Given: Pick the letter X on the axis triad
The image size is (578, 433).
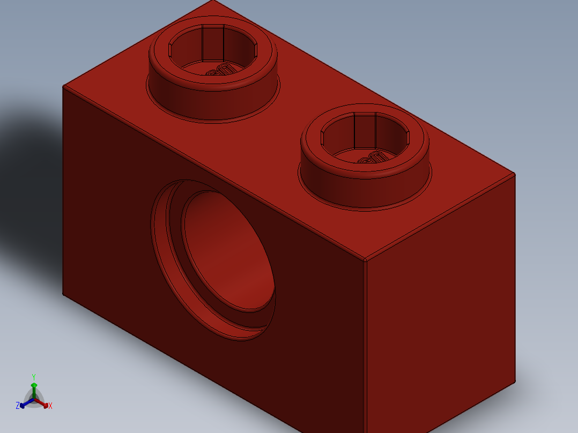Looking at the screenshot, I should (50, 406).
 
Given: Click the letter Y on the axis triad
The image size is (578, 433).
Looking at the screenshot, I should (34, 377).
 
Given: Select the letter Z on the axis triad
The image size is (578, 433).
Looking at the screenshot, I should (18, 406).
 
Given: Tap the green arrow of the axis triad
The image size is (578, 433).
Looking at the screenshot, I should (34, 387).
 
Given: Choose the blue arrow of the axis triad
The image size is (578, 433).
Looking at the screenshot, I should (24, 404).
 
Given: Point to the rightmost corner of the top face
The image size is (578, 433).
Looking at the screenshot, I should (515, 174).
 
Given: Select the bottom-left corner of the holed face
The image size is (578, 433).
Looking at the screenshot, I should (63, 295).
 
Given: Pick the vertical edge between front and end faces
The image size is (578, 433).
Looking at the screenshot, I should (366, 348).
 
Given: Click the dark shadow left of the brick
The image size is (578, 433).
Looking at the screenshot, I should (27, 177).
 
